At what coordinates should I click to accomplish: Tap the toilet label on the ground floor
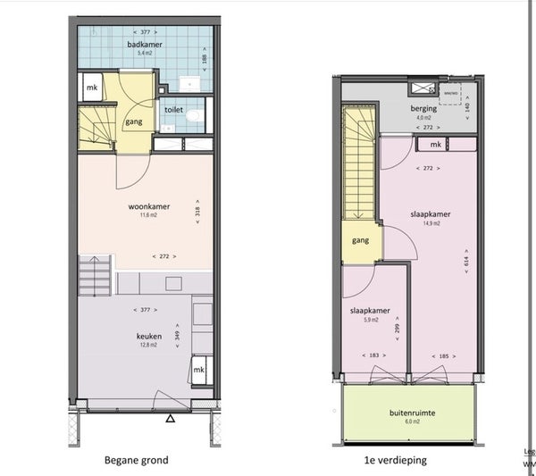point(173,110)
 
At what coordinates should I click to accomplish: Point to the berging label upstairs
point(424,107)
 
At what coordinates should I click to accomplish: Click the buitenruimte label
point(411,413)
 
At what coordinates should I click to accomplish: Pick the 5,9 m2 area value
point(369,320)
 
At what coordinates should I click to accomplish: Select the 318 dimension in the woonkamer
point(197,212)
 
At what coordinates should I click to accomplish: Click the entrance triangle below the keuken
point(170,419)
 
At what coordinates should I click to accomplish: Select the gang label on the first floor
point(360,239)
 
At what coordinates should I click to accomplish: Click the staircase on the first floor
point(360,170)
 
